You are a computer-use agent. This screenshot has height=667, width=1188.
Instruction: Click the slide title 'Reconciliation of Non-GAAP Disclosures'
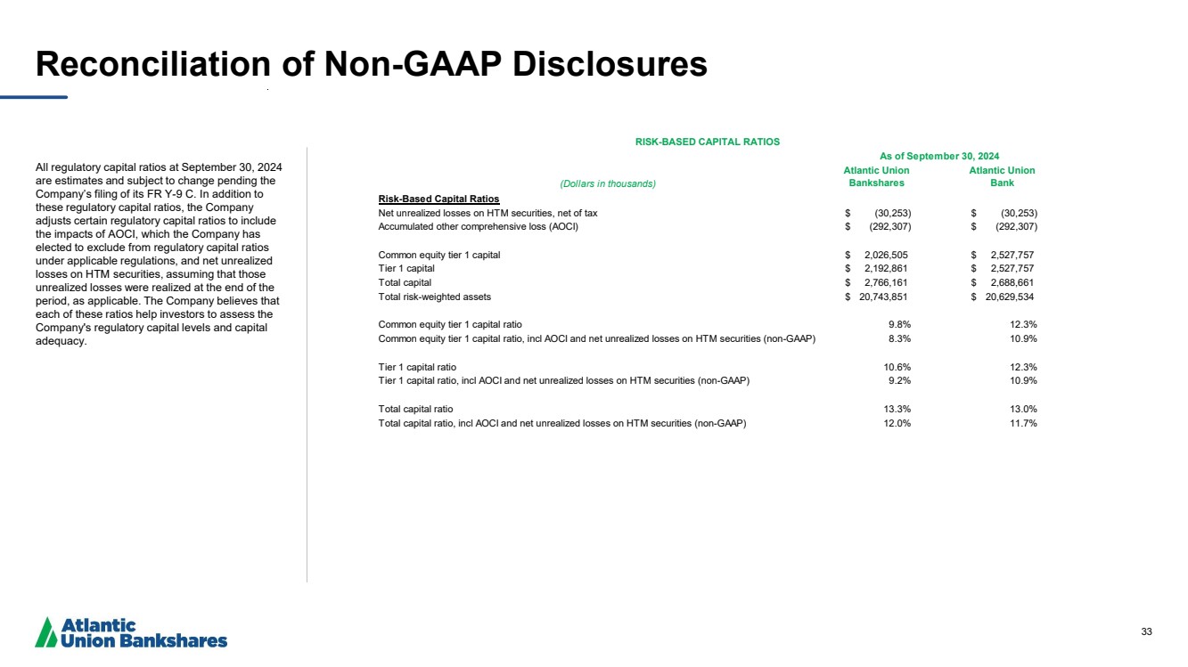[x=371, y=64]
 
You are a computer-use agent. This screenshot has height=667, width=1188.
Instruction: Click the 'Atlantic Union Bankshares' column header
[x=876, y=176]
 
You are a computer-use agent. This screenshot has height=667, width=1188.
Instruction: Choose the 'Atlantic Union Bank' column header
[x=1002, y=176]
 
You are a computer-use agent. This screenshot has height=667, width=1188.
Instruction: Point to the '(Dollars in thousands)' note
[x=607, y=183]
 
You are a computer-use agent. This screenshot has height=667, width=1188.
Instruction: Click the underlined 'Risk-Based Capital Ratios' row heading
[x=438, y=199]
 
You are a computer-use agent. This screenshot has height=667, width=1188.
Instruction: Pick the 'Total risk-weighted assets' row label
[x=434, y=297]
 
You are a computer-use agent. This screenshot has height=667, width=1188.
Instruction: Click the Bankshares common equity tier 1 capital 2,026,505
[x=886, y=255]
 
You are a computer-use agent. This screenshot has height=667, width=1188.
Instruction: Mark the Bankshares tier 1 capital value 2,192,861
[x=886, y=269]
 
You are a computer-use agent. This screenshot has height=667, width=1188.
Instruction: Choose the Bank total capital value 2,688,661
[x=1012, y=283]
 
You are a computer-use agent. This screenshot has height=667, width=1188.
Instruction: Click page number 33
[x=1146, y=631]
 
